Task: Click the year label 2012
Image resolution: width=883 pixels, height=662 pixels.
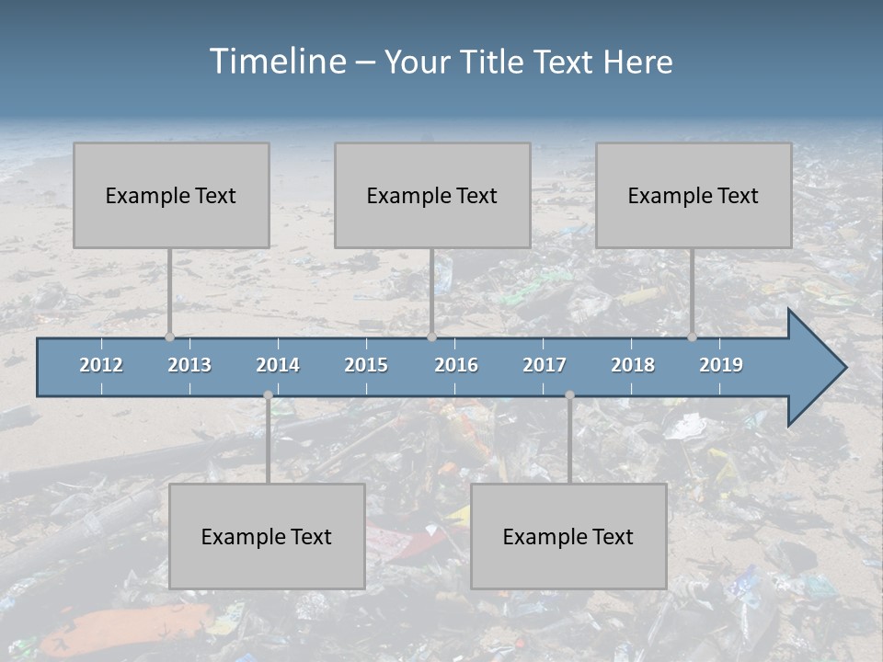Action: [x=101, y=365]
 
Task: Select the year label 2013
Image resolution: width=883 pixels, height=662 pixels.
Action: [x=189, y=365]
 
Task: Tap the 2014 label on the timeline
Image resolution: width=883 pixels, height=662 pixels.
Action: [x=278, y=365]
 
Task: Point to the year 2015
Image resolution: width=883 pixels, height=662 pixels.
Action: [x=366, y=365]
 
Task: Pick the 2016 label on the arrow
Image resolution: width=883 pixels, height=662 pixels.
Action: [x=456, y=365]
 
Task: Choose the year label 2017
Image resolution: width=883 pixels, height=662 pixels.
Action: [x=545, y=365]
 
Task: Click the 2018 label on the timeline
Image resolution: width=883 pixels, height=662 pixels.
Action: [x=633, y=365]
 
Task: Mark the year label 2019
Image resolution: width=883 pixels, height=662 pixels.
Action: [x=721, y=365]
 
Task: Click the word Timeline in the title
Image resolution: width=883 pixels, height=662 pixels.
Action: [x=278, y=62]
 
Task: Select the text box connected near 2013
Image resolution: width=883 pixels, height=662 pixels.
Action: [x=171, y=195]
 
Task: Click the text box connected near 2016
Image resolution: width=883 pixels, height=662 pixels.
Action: [x=432, y=195]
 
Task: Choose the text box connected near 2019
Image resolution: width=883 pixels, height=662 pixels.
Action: [x=694, y=195]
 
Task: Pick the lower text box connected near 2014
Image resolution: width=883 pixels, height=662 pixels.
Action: [x=267, y=536]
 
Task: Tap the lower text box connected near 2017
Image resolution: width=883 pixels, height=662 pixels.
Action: [x=568, y=536]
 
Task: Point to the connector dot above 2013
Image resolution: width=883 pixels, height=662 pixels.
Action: [x=169, y=337]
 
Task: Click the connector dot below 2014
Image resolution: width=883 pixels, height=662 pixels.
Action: [x=268, y=395]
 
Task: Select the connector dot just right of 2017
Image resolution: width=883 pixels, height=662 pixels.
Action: [x=569, y=395]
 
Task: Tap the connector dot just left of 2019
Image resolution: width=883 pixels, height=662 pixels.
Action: [x=693, y=337]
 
